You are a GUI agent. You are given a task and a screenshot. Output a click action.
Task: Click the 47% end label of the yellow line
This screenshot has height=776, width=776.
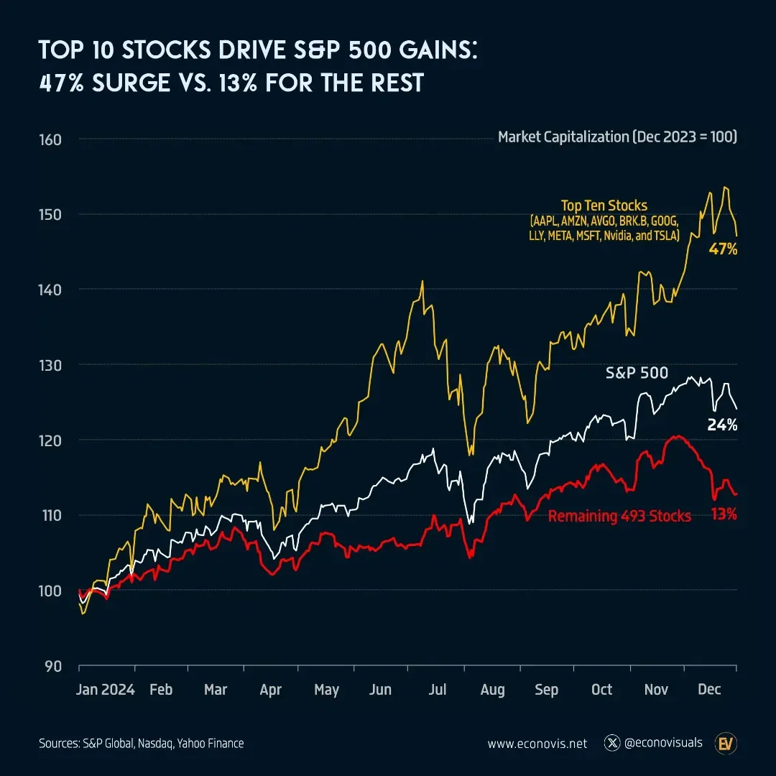point(723,250)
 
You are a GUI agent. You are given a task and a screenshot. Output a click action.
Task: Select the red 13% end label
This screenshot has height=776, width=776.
point(723,514)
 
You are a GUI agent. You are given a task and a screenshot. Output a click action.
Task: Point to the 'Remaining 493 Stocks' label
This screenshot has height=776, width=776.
point(619,515)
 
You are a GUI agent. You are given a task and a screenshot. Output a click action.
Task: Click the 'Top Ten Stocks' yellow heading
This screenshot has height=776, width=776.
point(604,206)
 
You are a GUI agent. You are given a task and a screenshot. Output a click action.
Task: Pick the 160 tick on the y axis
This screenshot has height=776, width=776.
point(51,139)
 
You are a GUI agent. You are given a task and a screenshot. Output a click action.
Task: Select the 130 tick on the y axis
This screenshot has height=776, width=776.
point(51,364)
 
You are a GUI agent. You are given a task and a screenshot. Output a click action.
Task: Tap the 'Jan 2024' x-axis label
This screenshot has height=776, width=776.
point(106,689)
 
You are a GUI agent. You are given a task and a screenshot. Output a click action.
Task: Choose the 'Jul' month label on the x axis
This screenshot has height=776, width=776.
point(437,689)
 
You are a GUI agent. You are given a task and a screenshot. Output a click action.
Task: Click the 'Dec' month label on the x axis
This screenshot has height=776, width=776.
point(709,689)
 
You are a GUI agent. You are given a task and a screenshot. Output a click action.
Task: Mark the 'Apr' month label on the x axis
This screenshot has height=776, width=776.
point(270,689)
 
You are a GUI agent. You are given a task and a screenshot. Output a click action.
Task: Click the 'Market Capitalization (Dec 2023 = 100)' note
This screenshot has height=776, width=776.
point(617,137)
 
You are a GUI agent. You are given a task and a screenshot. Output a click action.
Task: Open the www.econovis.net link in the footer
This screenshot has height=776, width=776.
point(537,744)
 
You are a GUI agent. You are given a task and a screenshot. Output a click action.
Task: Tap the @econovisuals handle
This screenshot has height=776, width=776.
point(663,743)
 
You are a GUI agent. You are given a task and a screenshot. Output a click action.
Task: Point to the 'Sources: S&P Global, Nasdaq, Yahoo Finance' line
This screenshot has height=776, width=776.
point(141,744)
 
